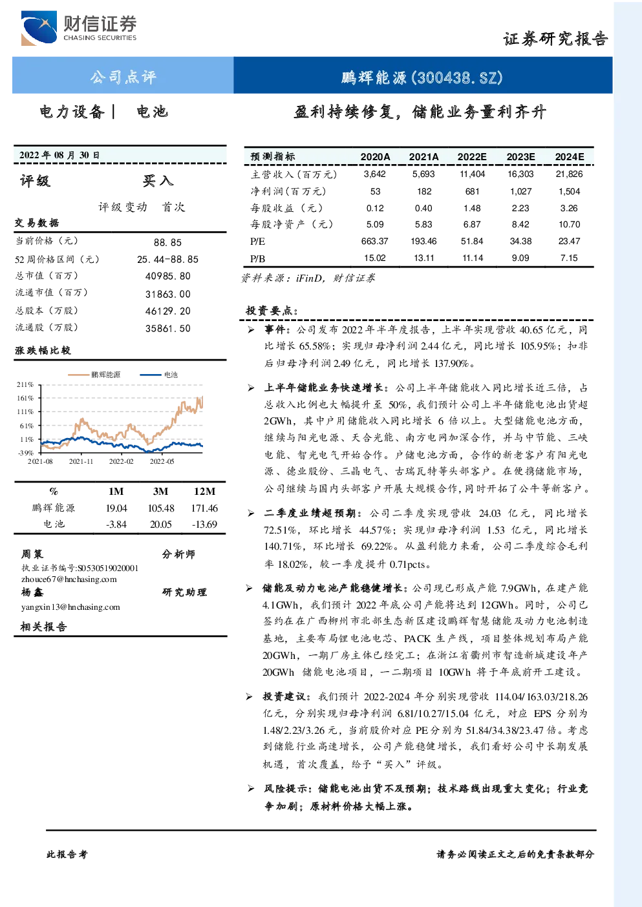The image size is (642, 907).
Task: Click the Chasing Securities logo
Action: coord(79,28)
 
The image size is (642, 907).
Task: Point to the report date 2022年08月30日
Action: coord(59,155)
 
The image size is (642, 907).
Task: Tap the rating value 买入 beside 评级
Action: coord(158,181)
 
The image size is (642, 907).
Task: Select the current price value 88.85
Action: coord(167,242)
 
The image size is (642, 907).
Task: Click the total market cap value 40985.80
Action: coord(168,276)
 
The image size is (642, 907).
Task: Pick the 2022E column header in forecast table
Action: coord(472,157)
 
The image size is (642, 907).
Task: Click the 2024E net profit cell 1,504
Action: coord(569,191)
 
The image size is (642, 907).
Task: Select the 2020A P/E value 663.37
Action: coord(374,242)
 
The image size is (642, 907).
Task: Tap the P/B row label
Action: coord(257,258)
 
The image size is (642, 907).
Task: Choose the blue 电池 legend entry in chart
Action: coord(159,375)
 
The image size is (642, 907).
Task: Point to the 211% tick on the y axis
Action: coord(25,384)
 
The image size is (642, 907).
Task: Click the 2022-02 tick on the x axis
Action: coord(121,461)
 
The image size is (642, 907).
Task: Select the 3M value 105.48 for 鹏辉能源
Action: coord(161,508)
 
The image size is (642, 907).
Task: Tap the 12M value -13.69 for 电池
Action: coord(205,525)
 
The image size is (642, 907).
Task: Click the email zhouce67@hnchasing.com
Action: coord(69,579)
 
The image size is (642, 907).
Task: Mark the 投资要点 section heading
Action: coord(272,311)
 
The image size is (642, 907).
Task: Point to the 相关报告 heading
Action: coord(43,627)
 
